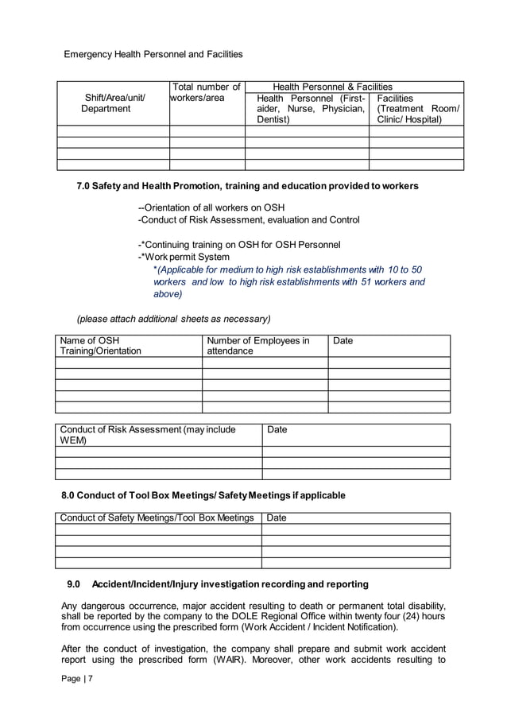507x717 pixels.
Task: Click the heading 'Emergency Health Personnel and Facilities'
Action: tap(153, 54)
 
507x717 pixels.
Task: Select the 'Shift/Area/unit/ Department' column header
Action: tap(114, 103)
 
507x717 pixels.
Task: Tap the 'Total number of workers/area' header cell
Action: tap(207, 92)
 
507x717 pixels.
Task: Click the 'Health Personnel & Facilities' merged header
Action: tap(332, 87)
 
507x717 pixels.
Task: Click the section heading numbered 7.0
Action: tap(247, 186)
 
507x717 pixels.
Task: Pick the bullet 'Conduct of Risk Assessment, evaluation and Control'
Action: tap(249, 219)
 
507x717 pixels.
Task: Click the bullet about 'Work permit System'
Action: tap(184, 257)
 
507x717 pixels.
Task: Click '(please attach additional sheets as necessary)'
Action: tap(173, 319)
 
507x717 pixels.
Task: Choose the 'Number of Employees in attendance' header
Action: tap(258, 346)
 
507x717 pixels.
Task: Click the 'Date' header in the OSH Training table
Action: tap(343, 341)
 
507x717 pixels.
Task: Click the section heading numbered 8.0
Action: tap(203, 495)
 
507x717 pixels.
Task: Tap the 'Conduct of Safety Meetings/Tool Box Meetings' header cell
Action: tap(157, 518)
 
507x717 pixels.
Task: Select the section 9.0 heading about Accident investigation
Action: tap(218, 584)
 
